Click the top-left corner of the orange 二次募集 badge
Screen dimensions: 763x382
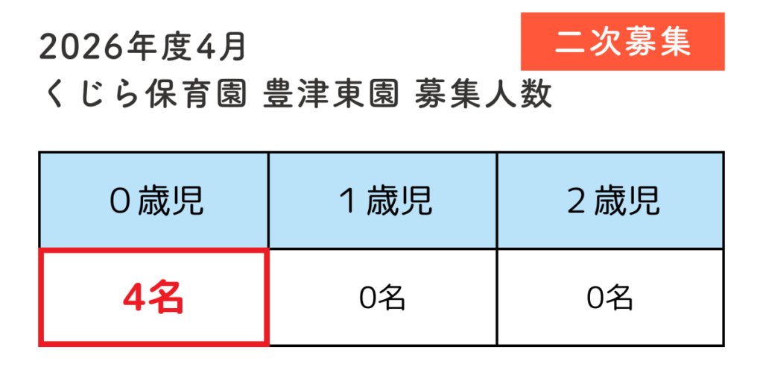(x=521, y=13)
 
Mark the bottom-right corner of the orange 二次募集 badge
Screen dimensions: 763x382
(x=724, y=71)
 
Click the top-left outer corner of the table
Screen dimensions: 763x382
(x=39, y=151)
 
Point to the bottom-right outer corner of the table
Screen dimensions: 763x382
(x=724, y=346)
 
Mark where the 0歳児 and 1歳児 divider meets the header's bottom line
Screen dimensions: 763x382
(x=268, y=248)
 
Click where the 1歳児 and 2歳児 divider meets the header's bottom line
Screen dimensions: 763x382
(x=497, y=248)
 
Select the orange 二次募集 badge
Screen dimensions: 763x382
(x=623, y=42)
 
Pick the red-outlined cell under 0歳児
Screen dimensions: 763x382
(x=153, y=297)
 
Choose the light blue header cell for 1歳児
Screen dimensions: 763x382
(x=382, y=200)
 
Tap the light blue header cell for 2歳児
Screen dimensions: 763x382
(x=611, y=200)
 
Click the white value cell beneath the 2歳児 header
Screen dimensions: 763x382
(x=611, y=297)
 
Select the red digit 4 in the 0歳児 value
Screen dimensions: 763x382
(x=132, y=298)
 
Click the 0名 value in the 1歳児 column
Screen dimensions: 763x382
(x=382, y=298)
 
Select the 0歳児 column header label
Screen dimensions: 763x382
(x=156, y=201)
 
